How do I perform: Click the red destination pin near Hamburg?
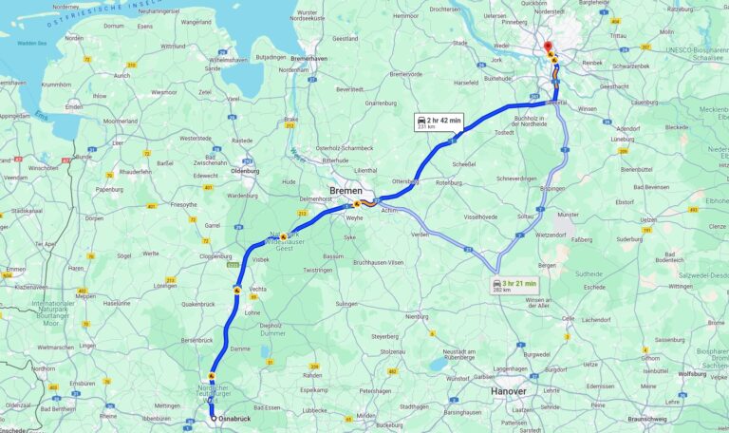pos(547,48)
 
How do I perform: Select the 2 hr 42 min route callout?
pos(438,122)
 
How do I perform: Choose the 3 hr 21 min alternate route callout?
pos(515,285)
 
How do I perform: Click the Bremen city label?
pos(346,191)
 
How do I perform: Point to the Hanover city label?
pos(508,390)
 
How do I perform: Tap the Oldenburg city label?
pos(246,171)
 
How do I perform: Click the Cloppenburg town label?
pos(216,256)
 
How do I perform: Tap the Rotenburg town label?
pos(448,181)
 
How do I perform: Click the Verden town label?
pos(420,234)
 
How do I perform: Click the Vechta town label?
pos(258,288)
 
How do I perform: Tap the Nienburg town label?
pos(417,316)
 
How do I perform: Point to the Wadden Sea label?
pos(31,43)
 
